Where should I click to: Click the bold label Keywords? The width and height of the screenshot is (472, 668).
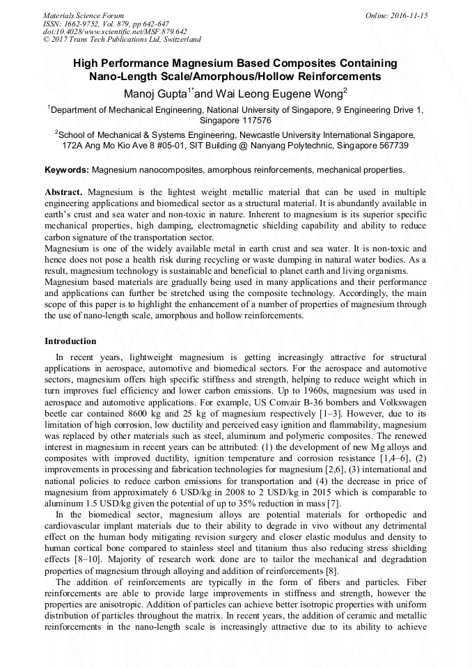point(67,169)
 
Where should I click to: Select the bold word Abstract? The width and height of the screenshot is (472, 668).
point(64,192)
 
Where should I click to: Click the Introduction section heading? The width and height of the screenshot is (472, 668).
point(70,341)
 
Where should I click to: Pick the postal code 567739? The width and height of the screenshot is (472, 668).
point(390,146)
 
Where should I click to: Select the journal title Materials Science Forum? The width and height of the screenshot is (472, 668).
point(84,15)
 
